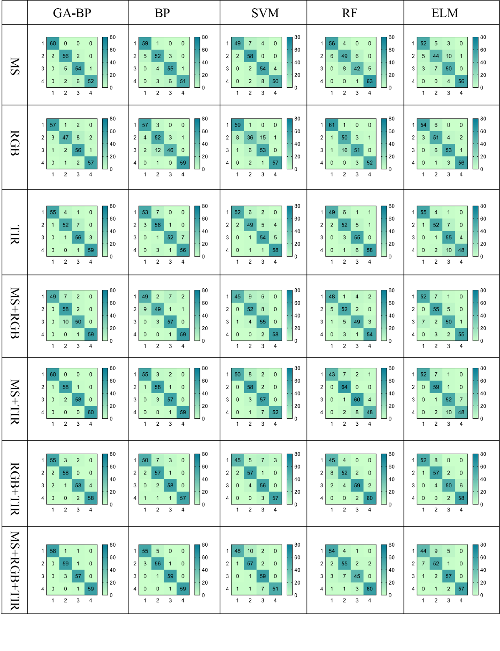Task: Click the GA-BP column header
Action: (72, 13)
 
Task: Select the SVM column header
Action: (265, 13)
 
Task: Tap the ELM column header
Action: (444, 13)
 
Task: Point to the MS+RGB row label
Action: (15, 313)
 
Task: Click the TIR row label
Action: (15, 234)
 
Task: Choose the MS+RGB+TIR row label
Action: (15, 570)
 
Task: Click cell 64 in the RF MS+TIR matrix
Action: (344, 387)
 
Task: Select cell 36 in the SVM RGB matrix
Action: (250, 137)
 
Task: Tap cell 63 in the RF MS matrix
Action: (369, 81)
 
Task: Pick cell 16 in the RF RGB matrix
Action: (344, 150)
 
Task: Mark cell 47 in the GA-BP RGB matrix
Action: (66, 137)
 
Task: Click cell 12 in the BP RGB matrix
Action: (158, 150)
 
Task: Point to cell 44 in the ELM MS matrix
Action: (436, 56)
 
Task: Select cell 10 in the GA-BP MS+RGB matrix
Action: (66, 322)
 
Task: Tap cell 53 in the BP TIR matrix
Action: (145, 212)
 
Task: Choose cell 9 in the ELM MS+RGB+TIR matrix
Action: (436, 551)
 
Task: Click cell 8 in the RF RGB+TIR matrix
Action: (332, 473)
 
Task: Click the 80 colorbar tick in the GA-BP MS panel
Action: (113, 37)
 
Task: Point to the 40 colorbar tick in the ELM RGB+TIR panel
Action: (483, 479)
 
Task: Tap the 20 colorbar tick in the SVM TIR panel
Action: (297, 244)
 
